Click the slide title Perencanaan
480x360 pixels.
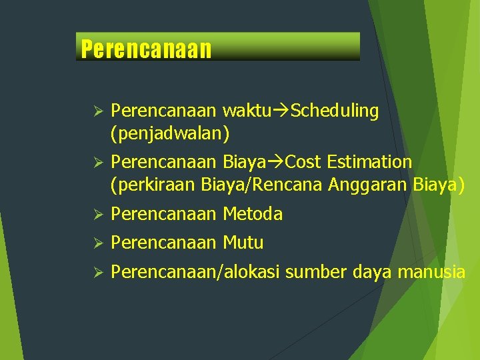tap(146, 49)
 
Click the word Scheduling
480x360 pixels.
tap(335, 111)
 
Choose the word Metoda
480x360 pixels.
tap(253, 214)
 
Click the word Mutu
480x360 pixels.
tap(243, 243)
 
